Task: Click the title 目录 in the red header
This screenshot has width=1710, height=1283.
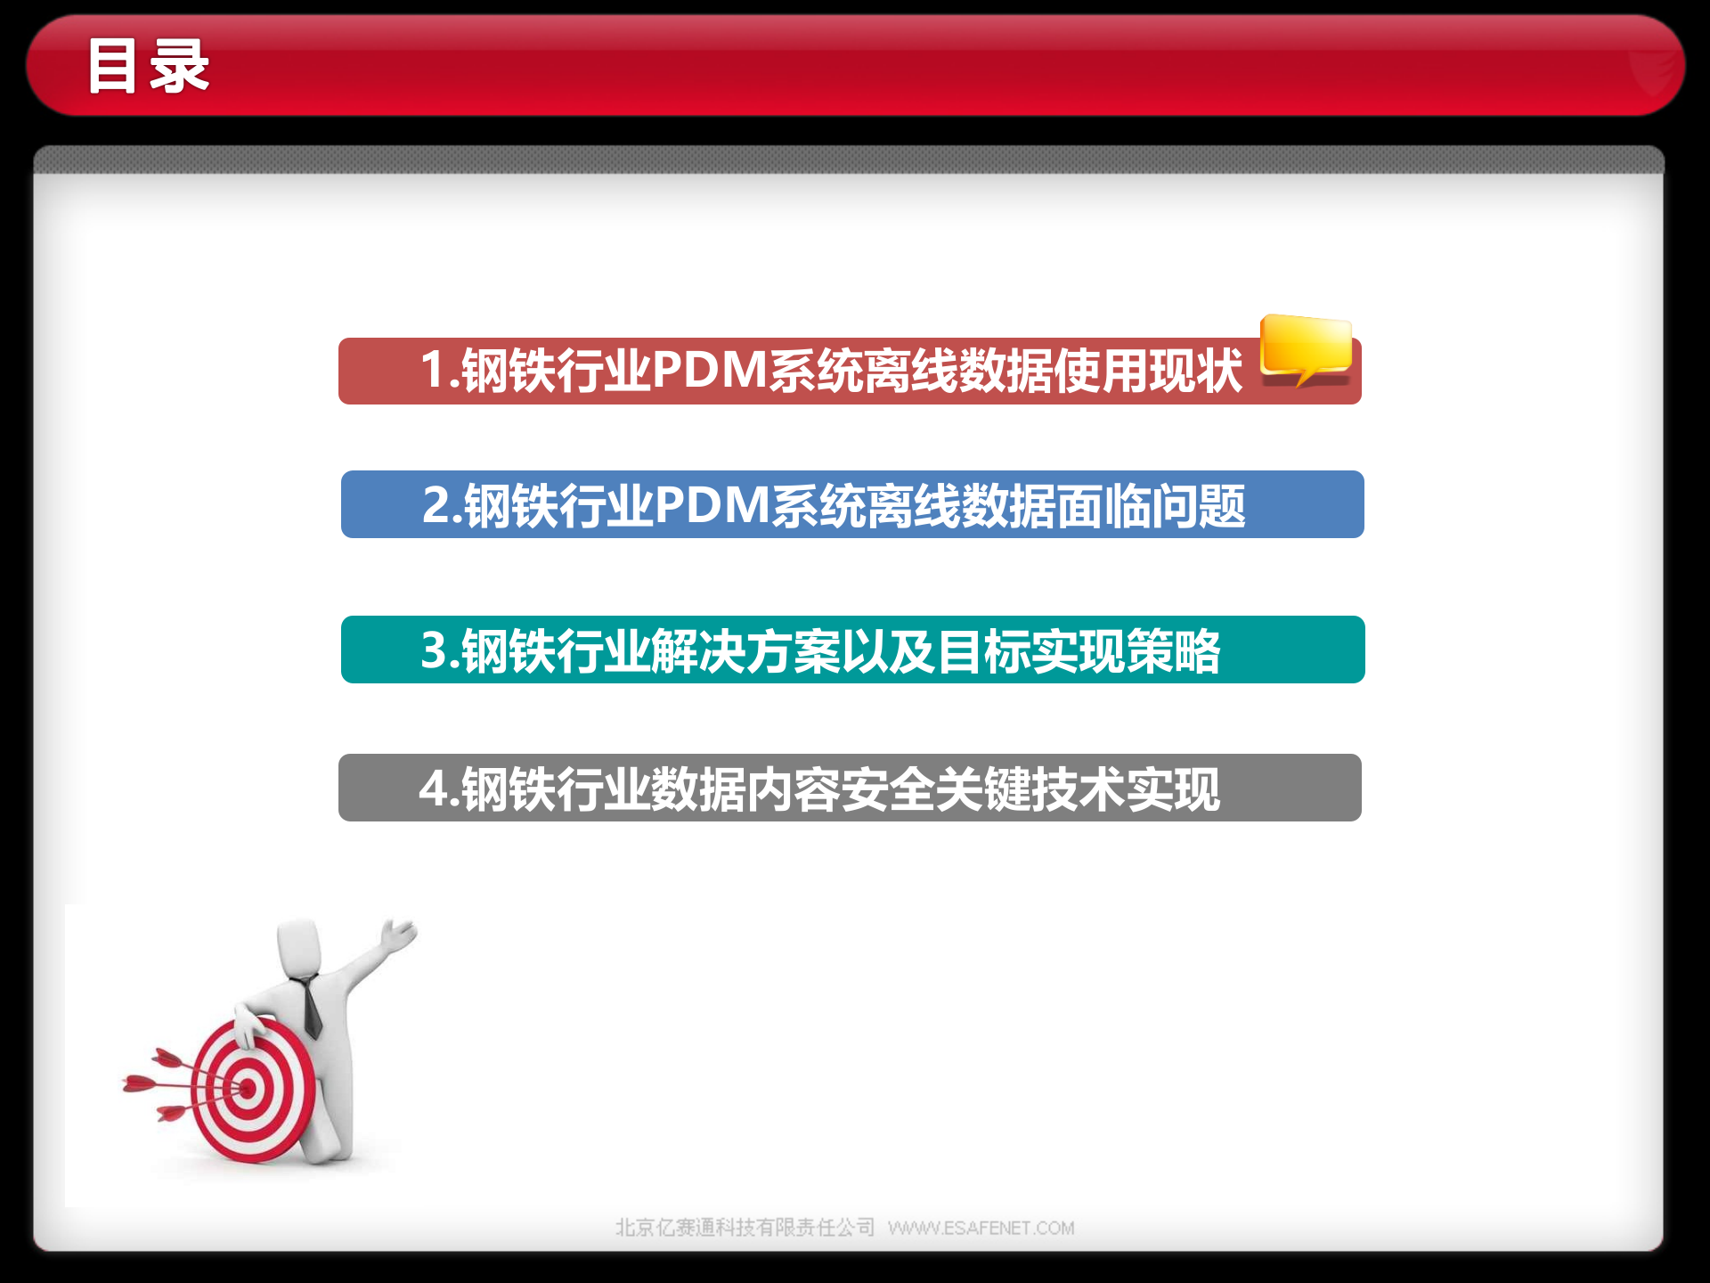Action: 148,67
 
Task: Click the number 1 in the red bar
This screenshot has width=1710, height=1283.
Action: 433,370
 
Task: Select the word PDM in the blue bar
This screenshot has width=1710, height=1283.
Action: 712,505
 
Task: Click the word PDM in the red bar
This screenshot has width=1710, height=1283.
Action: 709,370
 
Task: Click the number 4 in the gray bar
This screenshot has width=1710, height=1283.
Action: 433,789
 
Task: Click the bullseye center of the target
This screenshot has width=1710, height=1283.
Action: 247,1088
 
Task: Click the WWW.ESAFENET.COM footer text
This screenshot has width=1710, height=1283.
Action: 981,1228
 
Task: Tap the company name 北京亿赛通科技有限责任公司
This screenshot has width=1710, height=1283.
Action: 745,1228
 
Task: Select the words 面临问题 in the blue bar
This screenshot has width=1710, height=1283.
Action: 1151,505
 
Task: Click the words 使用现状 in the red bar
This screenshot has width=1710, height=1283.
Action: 1149,370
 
